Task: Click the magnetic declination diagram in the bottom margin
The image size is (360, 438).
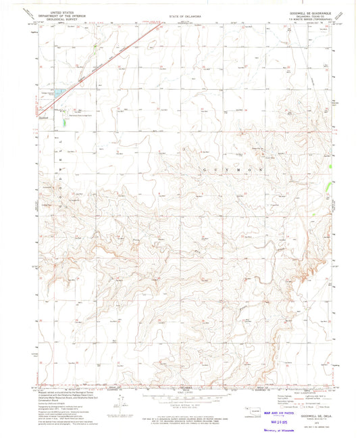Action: click(122, 403)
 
